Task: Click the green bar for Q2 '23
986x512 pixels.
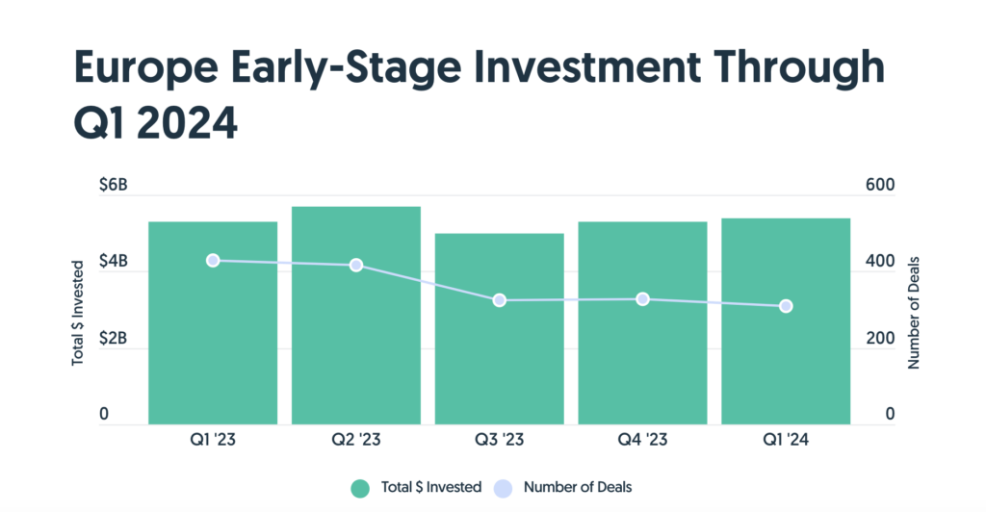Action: (356, 316)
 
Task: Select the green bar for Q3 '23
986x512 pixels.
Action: (500, 329)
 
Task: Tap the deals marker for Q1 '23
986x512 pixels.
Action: (213, 261)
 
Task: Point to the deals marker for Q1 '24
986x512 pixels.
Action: (786, 307)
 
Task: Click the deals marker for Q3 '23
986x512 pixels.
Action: (500, 300)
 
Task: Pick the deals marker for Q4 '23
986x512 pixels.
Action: (642, 299)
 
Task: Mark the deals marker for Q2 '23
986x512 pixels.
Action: (356, 265)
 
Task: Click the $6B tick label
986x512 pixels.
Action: (114, 185)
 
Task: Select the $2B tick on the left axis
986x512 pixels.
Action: (114, 339)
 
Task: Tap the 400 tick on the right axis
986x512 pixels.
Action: (880, 262)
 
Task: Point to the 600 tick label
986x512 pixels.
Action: (880, 185)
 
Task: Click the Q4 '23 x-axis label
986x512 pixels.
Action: (642, 440)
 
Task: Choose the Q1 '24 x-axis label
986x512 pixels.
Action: (786, 440)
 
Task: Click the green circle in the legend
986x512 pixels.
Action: (360, 488)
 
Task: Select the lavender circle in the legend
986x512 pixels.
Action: (503, 488)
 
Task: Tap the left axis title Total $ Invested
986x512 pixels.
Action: (77, 313)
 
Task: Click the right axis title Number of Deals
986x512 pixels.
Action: (913, 313)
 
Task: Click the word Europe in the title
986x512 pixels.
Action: (146, 68)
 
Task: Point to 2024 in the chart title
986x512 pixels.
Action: (187, 122)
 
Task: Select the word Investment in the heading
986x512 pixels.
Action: (586, 66)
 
